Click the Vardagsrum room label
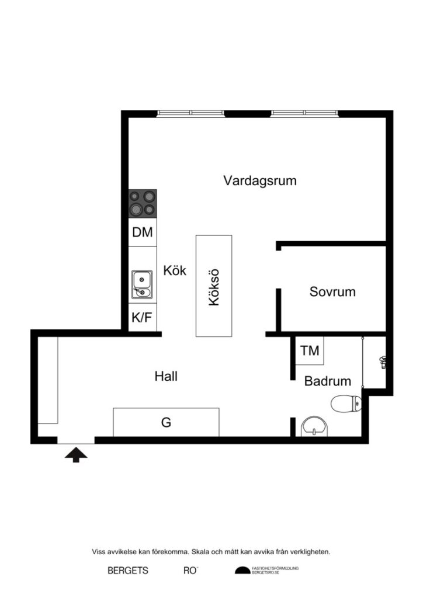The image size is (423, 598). coord(259,180)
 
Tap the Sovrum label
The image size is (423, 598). coord(332,291)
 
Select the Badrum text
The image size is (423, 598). coord(327,381)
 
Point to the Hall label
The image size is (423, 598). coord(166,376)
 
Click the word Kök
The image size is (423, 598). coord(175,271)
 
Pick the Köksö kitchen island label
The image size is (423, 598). coord(213,286)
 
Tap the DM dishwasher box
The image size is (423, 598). coord(142,232)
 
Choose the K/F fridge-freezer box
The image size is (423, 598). coord(142,318)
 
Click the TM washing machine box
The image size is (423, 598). coord(310,350)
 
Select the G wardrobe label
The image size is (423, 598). coord(166,422)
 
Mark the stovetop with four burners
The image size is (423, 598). coord(143,203)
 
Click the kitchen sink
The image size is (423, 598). coord(142,284)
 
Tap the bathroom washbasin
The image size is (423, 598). coord(315,427)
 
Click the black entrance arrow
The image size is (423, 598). coord(76,454)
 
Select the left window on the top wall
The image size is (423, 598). coord(190,113)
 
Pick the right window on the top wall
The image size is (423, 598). coord(304,113)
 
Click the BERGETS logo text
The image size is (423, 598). coord(128,571)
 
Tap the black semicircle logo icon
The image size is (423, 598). coord(242,571)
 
